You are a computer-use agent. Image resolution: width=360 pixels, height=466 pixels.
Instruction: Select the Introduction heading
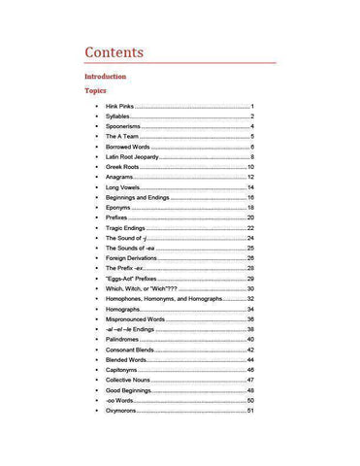(105, 76)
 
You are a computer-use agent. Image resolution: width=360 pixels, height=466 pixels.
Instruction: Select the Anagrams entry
(121, 178)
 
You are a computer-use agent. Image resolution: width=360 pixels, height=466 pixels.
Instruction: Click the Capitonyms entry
(123, 370)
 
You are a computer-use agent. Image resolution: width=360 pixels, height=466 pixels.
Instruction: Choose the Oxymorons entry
(122, 411)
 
